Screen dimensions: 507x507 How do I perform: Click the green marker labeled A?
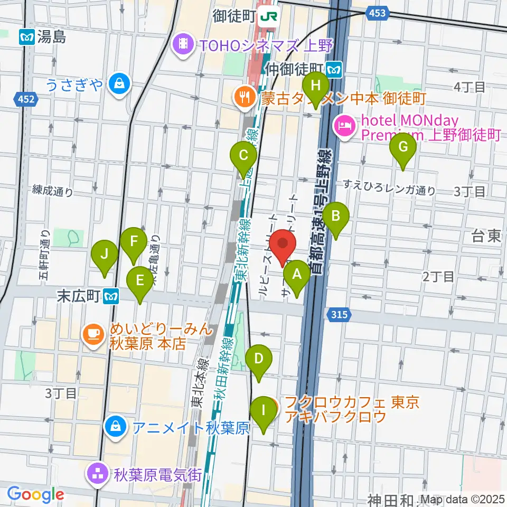[x=297, y=275]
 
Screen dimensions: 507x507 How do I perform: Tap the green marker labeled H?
[x=316, y=85]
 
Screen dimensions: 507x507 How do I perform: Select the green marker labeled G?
[x=403, y=147]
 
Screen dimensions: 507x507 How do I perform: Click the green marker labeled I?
[x=262, y=410]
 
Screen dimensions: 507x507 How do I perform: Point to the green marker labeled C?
[x=243, y=156]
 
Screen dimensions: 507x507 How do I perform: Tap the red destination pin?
[x=283, y=244]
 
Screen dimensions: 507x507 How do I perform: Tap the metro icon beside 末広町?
[x=111, y=297]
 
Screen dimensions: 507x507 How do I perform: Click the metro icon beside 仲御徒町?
[x=334, y=68]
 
